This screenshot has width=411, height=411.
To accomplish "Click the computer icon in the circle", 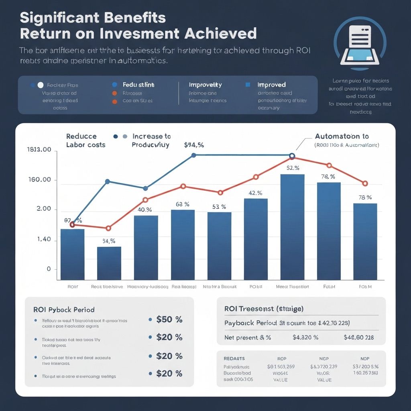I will point(360,45).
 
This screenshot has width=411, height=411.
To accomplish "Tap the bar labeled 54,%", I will point(109,263).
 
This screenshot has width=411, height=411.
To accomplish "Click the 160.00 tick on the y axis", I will point(40,180).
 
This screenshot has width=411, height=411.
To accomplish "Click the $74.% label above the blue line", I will point(194,145).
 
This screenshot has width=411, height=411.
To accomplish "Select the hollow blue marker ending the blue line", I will point(292,156).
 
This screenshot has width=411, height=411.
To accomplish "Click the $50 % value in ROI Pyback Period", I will point(169,319).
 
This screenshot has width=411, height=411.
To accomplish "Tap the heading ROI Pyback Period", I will point(64,310).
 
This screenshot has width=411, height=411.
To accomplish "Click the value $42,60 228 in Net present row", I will point(358,338).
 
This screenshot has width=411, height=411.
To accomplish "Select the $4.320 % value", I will point(305,338).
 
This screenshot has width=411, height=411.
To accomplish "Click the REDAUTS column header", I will point(234,358).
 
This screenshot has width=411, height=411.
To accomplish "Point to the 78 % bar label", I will point(365,197).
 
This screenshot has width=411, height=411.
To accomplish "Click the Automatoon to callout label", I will point(342,136).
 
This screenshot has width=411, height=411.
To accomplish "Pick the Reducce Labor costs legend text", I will point(85,140).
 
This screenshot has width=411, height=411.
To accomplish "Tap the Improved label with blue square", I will point(271,85).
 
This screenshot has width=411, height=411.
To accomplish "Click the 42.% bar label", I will point(255,193).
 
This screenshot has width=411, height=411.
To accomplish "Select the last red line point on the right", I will point(365,183).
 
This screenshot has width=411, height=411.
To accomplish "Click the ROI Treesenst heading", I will point(264,309).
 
